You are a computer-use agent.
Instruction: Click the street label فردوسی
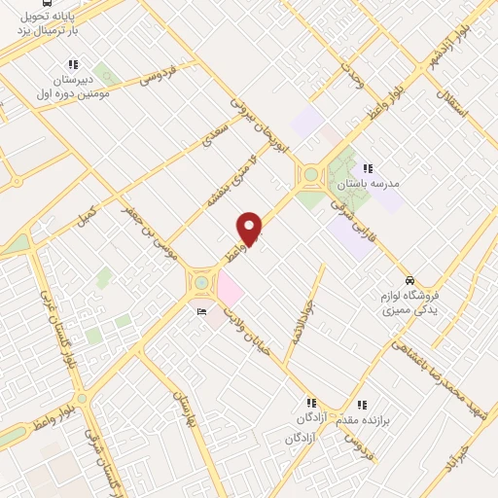coord(158,75)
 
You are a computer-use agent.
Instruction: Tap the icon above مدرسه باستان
coord(368,168)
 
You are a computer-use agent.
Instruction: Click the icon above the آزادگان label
coord(310,403)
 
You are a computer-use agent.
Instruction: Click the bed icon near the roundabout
coord(201,311)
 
